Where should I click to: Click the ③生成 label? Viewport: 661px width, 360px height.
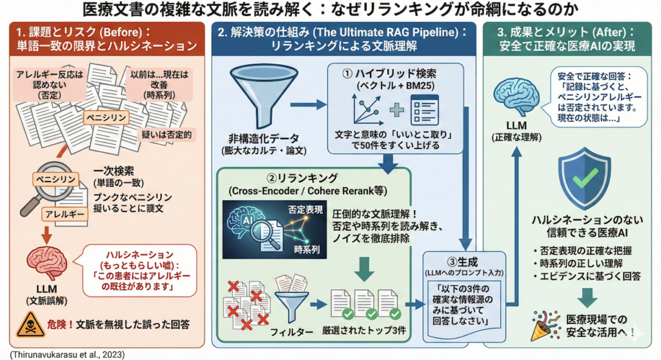pos(461,260)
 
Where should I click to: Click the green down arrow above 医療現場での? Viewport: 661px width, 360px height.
pos(586,297)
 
